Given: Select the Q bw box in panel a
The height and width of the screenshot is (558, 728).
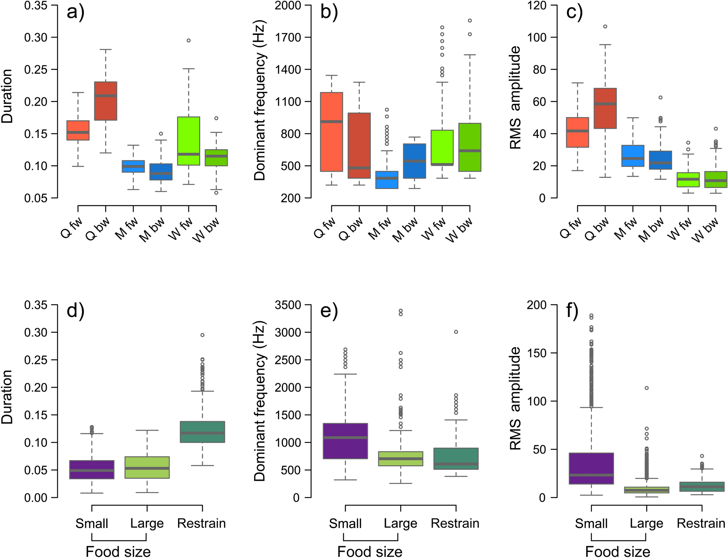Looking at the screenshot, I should point(106,101).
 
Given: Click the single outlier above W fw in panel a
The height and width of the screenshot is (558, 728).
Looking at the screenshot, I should point(189,40).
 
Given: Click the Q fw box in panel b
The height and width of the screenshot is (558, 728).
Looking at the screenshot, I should point(332,132).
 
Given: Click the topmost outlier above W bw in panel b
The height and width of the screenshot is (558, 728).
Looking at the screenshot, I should point(470,21).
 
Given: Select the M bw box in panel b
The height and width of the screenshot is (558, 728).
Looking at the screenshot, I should point(415,161).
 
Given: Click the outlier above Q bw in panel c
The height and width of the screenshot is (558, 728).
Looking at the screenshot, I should point(605,26).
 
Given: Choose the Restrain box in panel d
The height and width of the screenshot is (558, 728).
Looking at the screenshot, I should point(202,432).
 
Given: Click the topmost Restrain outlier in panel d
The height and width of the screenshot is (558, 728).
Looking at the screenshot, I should point(202,335).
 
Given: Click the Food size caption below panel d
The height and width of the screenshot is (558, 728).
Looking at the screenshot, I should point(118,551).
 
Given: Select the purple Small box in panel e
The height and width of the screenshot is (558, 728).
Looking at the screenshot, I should point(345,441).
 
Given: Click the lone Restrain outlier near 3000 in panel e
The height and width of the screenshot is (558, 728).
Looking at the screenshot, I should point(456,332).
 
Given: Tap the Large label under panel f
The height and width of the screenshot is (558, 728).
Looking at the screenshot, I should point(646,524).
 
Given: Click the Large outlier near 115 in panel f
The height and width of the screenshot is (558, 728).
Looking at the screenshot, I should point(646,388).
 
